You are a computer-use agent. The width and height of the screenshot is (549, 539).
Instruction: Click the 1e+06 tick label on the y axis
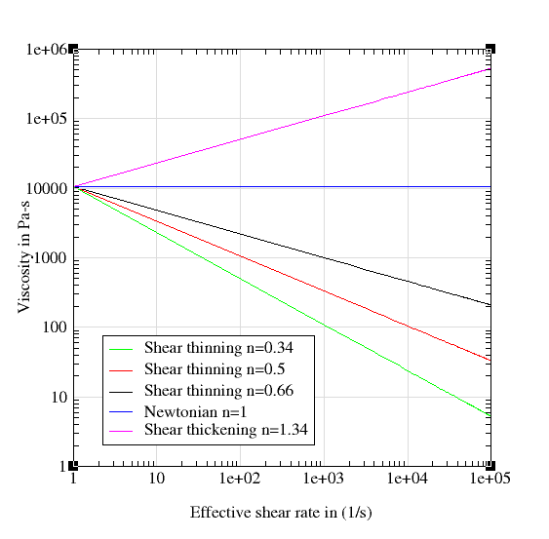pyautogui.click(x=44, y=49)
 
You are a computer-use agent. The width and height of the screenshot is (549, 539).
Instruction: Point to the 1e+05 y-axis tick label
pyautogui.click(x=44, y=119)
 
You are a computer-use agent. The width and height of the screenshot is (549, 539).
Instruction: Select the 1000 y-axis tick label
pyautogui.click(x=50, y=259)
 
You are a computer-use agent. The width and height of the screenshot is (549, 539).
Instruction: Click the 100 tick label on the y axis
pyautogui.click(x=54, y=328)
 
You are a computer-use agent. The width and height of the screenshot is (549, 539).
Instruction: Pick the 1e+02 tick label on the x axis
pyautogui.click(x=240, y=481)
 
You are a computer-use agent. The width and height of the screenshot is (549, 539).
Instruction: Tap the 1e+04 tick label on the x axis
pyautogui.click(x=408, y=481)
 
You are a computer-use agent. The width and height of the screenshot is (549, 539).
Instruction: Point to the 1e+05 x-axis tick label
pyautogui.click(x=490, y=481)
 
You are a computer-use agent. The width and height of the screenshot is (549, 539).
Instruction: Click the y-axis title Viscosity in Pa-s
pyautogui.click(x=23, y=258)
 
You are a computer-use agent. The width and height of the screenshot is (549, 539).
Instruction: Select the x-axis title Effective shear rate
pyautogui.click(x=281, y=513)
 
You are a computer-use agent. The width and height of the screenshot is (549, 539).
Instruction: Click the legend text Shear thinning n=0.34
pyautogui.click(x=218, y=347)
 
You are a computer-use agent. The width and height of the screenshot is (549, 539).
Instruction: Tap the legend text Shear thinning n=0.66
pyautogui.click(x=218, y=391)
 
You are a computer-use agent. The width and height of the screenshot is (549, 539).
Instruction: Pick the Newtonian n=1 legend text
pyautogui.click(x=189, y=410)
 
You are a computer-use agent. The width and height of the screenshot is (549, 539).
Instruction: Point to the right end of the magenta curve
pyautogui.click(x=490, y=68)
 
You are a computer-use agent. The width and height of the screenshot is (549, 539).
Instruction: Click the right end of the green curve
pyautogui.click(x=490, y=415)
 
